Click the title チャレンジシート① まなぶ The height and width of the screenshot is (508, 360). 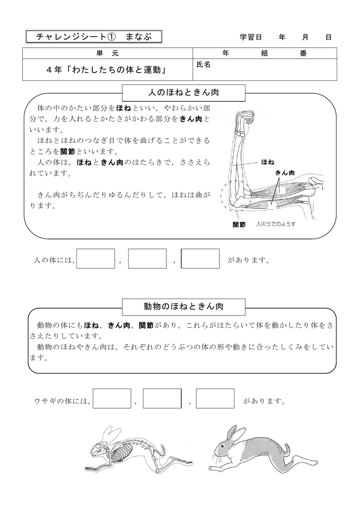(x=93, y=37)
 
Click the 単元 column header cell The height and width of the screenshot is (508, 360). (x=107, y=53)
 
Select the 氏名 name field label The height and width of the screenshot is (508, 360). (x=204, y=64)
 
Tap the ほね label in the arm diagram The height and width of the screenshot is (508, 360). (x=268, y=162)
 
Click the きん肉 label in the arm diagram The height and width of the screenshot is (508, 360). (x=285, y=172)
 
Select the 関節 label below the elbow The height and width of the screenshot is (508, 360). (x=239, y=224)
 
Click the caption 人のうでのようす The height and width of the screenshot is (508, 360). (x=276, y=224)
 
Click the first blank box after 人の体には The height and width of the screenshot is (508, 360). (x=96, y=258)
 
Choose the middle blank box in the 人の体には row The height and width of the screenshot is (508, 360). (x=147, y=258)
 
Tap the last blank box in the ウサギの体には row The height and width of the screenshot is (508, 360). (x=215, y=398)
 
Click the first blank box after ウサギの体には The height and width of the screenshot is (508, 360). (x=112, y=398)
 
